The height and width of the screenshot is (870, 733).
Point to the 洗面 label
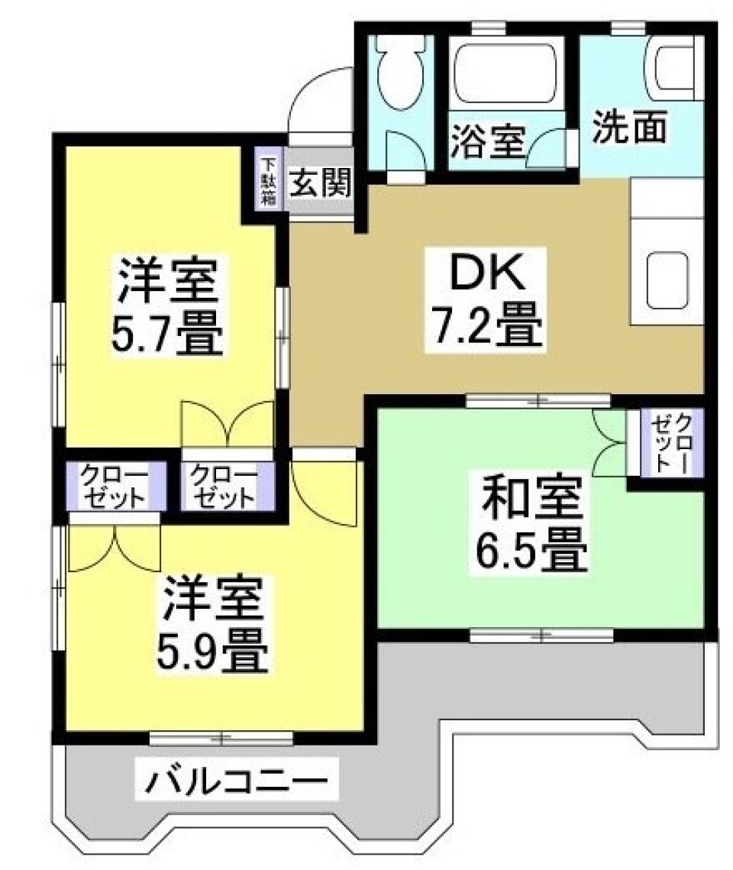coord(631,128)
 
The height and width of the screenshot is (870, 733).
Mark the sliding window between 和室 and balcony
coord(541,634)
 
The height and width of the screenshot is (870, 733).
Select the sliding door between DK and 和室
coord(538,399)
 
